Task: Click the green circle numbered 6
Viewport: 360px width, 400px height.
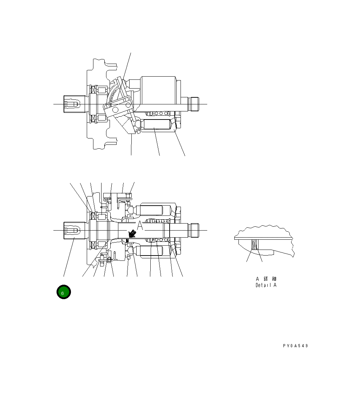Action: (64, 292)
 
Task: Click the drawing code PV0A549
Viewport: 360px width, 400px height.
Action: (295, 346)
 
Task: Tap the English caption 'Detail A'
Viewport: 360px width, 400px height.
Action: (266, 285)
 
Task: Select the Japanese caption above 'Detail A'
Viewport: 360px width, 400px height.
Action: (266, 279)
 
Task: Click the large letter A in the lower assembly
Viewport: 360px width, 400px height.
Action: (140, 226)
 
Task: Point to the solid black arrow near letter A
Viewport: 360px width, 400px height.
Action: (132, 233)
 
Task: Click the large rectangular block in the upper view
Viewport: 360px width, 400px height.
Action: (158, 90)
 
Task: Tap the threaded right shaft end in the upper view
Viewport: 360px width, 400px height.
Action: (194, 104)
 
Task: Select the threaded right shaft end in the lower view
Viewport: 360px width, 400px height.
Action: (194, 230)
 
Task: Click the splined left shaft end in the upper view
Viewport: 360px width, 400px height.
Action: (74, 104)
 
